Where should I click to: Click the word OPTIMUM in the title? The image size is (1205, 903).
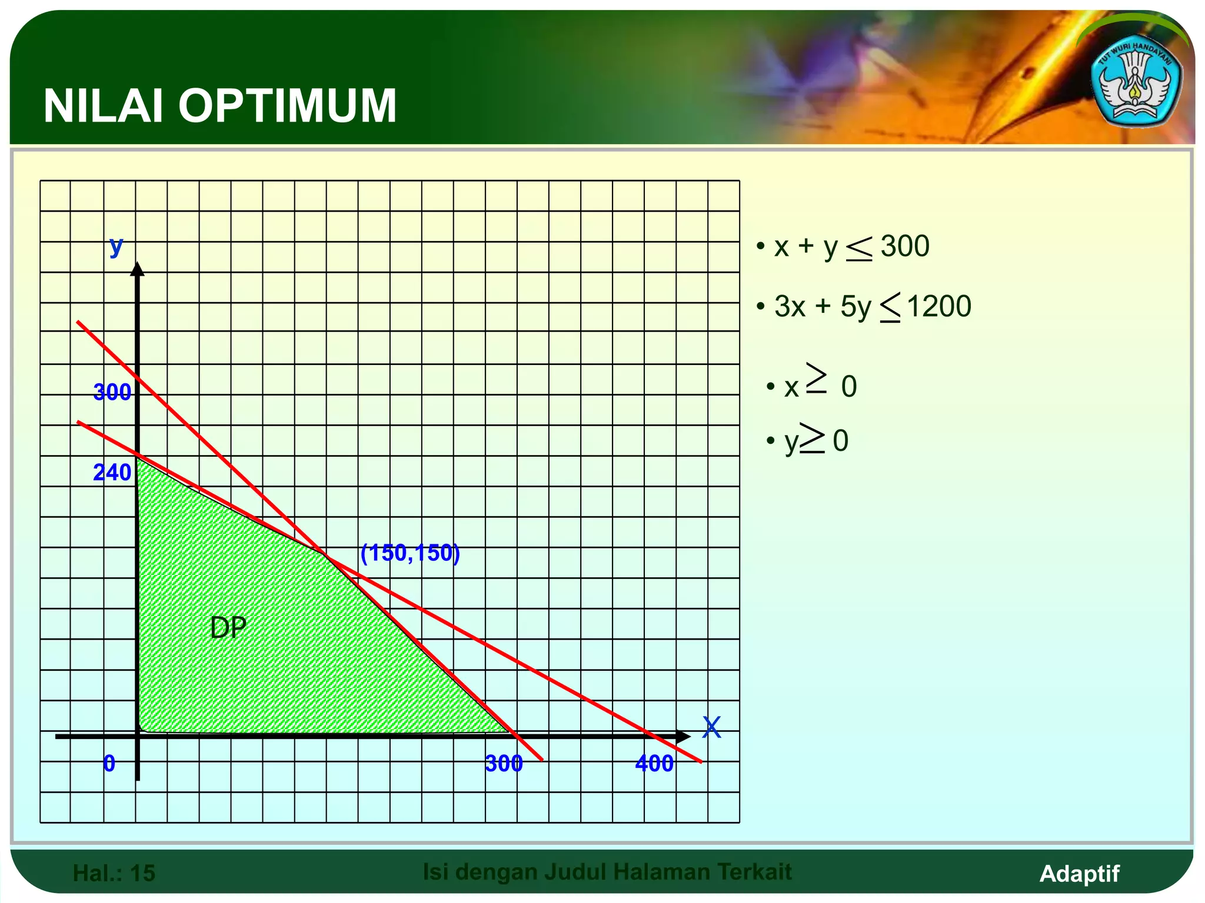coord(288,106)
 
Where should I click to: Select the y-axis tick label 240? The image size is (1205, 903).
coord(112,473)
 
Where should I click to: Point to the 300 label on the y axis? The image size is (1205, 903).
coord(112,392)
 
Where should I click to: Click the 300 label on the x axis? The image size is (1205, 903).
coord(504,764)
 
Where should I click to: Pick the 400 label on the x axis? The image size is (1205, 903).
coord(654,764)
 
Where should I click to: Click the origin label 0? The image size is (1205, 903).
coord(109,764)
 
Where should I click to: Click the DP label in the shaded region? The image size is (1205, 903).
coord(228,628)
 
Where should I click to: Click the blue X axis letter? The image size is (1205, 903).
coord(711,728)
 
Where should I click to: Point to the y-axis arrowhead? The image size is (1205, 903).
coord(137,269)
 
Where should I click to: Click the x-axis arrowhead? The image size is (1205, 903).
coord(683,736)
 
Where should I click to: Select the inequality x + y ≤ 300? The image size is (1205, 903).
coord(846,247)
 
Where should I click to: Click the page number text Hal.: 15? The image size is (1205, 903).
coord(114,873)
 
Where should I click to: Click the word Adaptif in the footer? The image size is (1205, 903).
coord(1079,874)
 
